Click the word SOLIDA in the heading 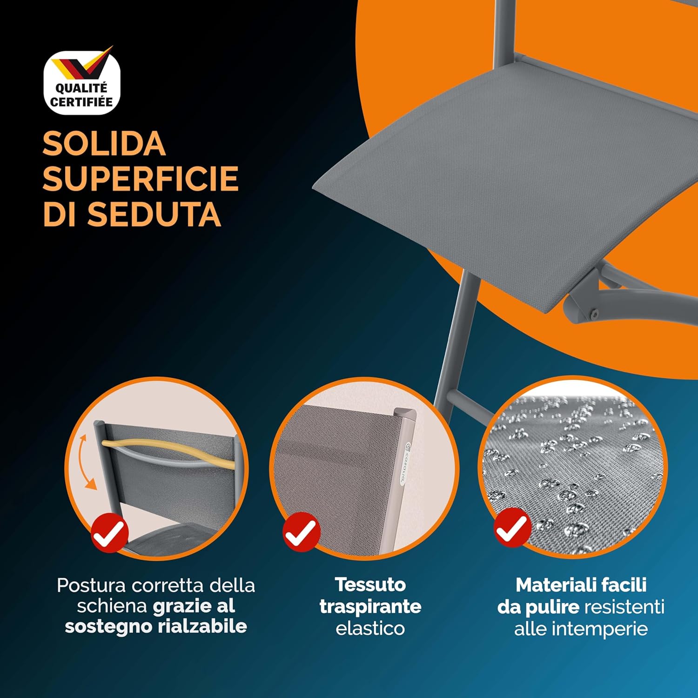coord(104,144)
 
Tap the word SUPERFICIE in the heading coord(141,179)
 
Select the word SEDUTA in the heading coord(154,215)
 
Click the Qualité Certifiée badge coord(82,83)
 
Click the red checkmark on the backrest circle coord(110,533)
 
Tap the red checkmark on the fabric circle coord(302,532)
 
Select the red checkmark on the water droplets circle coord(512,528)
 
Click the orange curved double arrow coord(86,461)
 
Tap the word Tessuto coord(370,585)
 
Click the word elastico coord(370,629)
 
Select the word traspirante coord(370,607)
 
